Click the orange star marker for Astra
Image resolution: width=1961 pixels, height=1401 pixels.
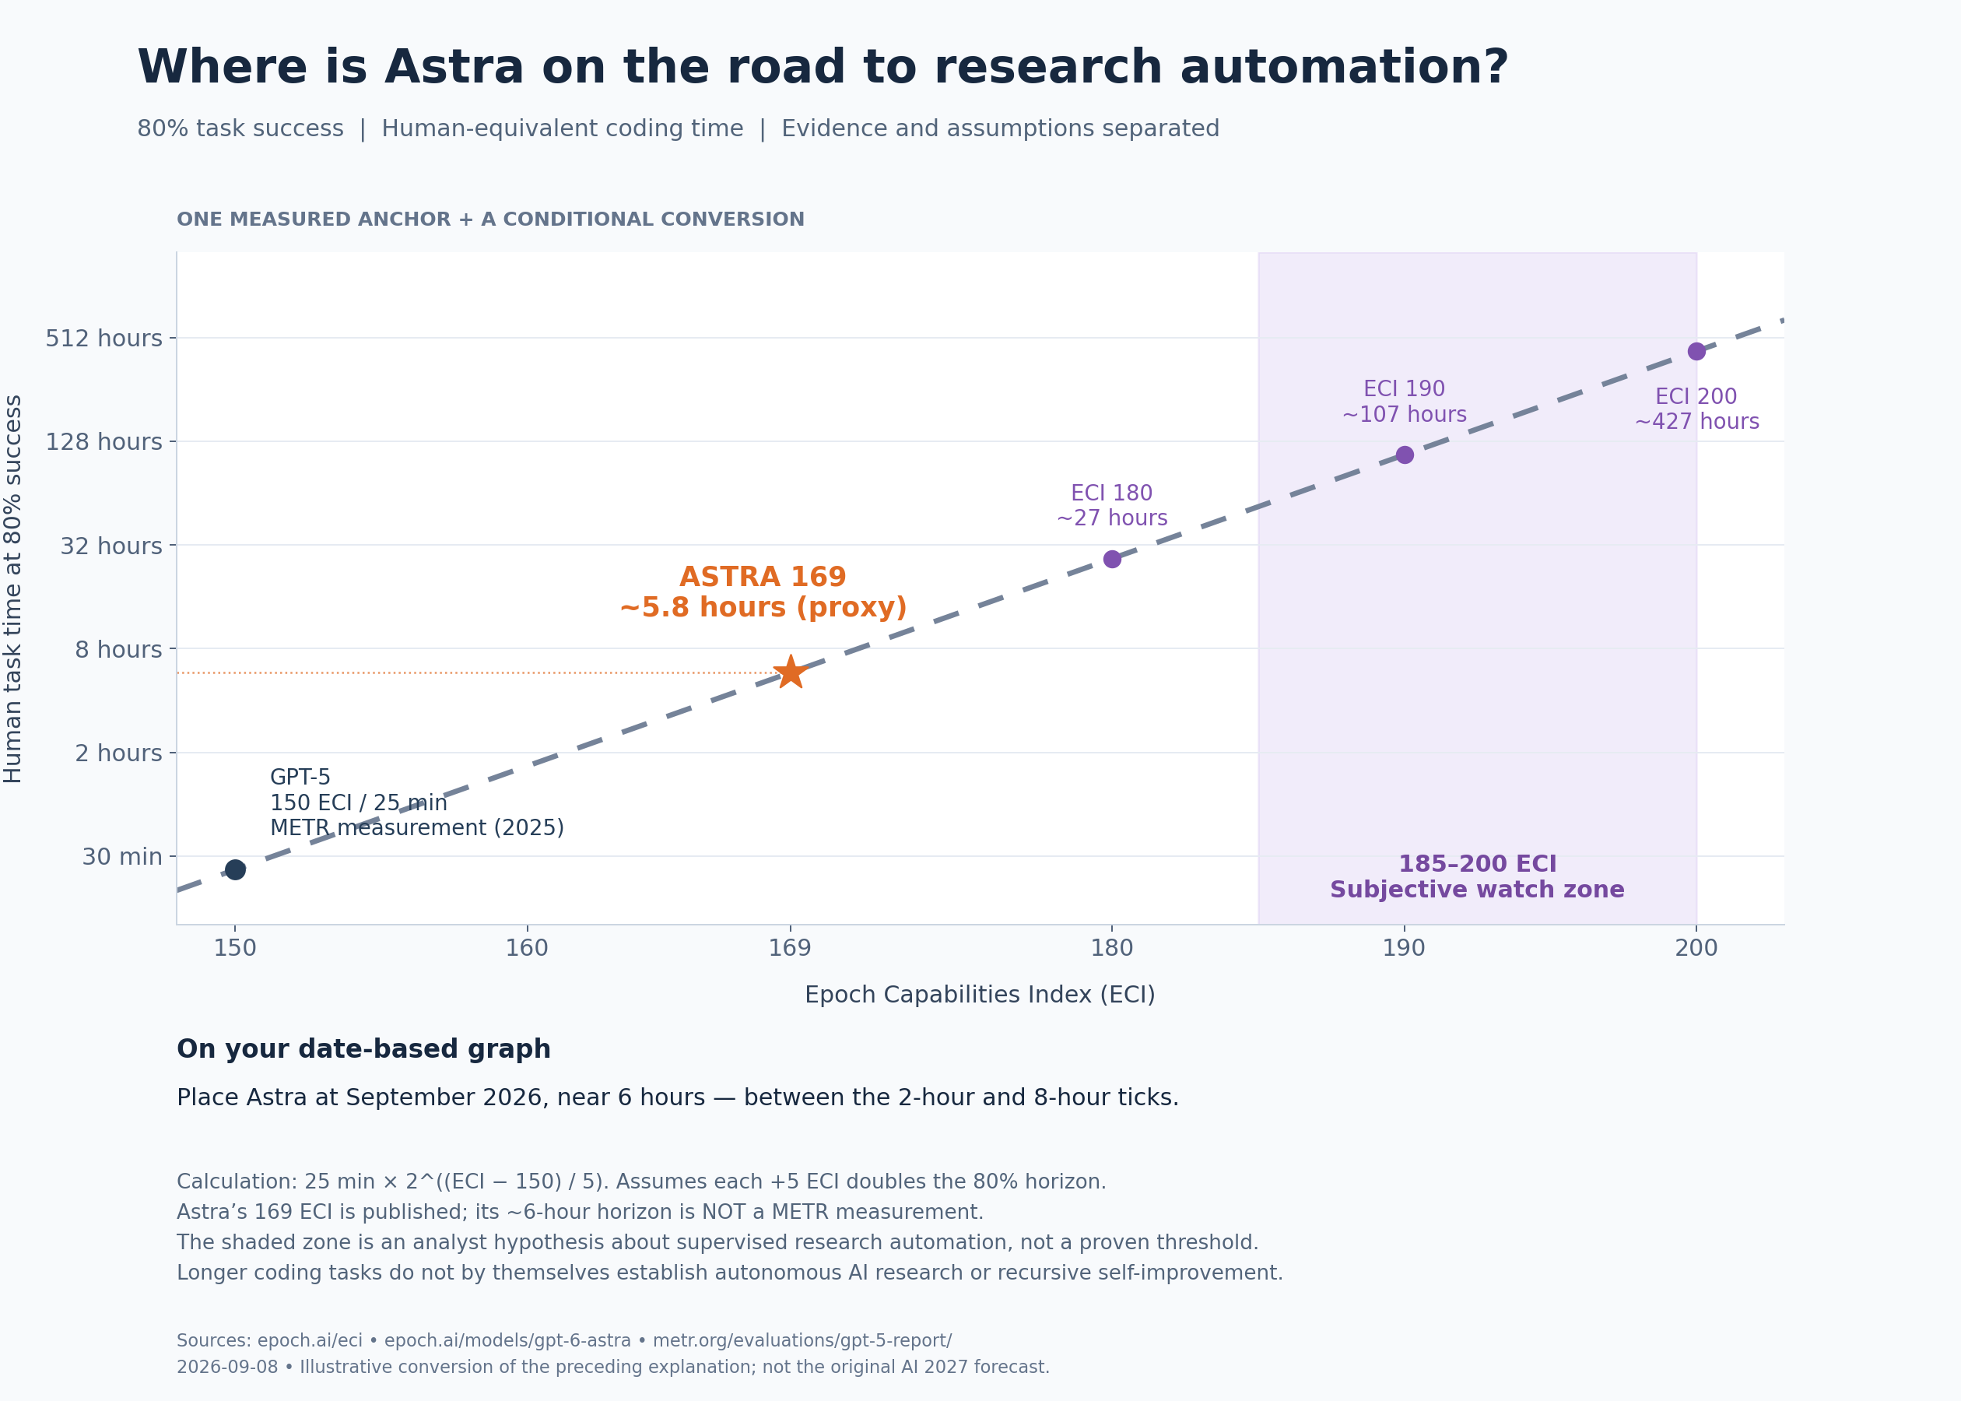coord(790,672)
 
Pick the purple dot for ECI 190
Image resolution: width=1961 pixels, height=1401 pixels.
coord(1405,455)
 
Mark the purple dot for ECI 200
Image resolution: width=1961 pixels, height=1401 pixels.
coord(1696,351)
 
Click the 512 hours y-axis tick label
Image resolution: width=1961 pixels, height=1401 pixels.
coord(103,338)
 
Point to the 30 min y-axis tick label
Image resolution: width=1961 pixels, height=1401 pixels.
coord(121,857)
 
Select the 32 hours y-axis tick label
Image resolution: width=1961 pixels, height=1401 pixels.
coord(111,546)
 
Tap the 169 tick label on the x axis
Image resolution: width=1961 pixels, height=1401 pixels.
coord(790,948)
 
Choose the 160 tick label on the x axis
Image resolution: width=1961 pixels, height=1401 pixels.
coord(527,948)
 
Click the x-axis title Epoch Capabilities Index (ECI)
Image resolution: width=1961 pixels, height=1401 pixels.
coord(980,995)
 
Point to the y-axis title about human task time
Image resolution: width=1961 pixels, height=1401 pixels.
coord(13,588)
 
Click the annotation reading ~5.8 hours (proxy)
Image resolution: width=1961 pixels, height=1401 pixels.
coord(763,607)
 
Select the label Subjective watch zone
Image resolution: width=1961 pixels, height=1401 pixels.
coord(1477,890)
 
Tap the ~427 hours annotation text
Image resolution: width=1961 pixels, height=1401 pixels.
coord(1696,422)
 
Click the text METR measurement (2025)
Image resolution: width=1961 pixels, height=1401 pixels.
coord(417,828)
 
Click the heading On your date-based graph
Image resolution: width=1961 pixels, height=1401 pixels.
coord(364,1049)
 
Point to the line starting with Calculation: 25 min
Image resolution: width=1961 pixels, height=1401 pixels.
coord(641,1182)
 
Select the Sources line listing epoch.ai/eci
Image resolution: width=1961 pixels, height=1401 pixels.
coord(564,1340)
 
